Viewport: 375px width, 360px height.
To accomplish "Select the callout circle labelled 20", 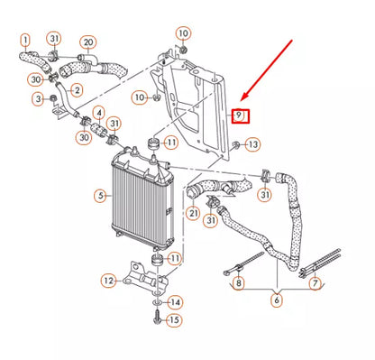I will [x=87, y=42].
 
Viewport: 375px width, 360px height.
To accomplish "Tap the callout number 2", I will [x=77, y=89].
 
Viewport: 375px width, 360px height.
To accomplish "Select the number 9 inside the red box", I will [x=239, y=115].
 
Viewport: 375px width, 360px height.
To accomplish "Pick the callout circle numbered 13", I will [x=252, y=144].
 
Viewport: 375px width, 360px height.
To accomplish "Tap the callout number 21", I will [x=193, y=213].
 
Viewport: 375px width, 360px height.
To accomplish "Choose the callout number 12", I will [x=108, y=281].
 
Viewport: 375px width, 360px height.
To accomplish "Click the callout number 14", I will [x=176, y=301].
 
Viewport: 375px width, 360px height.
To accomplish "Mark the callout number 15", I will [x=176, y=319].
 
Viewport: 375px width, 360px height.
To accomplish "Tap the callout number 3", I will [x=37, y=97].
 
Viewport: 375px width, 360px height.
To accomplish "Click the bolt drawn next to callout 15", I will [x=157, y=318].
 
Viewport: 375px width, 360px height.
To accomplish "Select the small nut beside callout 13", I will [x=233, y=143].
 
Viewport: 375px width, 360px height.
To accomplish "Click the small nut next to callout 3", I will [x=53, y=96].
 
